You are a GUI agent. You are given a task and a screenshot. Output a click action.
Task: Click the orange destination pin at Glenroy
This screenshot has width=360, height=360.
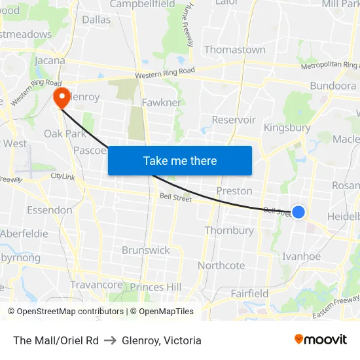62,98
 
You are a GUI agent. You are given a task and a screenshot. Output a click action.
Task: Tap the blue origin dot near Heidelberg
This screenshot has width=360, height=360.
298,211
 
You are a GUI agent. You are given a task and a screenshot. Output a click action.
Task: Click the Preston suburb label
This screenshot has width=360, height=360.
234,191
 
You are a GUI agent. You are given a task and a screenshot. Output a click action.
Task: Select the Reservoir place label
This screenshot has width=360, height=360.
234,120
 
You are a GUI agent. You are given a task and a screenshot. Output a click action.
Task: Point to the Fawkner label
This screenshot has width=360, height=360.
161,103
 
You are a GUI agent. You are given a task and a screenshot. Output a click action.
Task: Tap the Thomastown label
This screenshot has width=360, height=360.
234,50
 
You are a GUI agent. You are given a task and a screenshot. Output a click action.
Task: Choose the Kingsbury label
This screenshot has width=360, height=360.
287,128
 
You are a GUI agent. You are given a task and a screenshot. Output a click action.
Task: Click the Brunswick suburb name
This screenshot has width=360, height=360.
145,250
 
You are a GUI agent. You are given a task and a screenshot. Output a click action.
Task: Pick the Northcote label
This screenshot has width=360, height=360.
221,265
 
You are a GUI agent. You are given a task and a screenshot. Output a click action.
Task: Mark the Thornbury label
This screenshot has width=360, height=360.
229,230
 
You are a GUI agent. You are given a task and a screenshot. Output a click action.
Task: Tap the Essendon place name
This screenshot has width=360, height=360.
49,210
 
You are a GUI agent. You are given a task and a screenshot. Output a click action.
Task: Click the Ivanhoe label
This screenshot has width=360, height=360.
301,256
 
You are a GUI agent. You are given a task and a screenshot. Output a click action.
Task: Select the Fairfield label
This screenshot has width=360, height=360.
249,293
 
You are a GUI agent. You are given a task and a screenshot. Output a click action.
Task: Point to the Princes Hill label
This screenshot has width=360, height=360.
156,287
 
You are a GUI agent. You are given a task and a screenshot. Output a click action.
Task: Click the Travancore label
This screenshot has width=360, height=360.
96,285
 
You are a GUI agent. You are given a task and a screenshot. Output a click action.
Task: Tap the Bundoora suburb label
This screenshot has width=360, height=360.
333,86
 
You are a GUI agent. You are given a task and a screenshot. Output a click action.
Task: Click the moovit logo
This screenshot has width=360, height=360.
320,339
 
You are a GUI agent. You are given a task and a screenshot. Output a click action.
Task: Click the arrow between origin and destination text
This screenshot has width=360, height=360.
110,340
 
